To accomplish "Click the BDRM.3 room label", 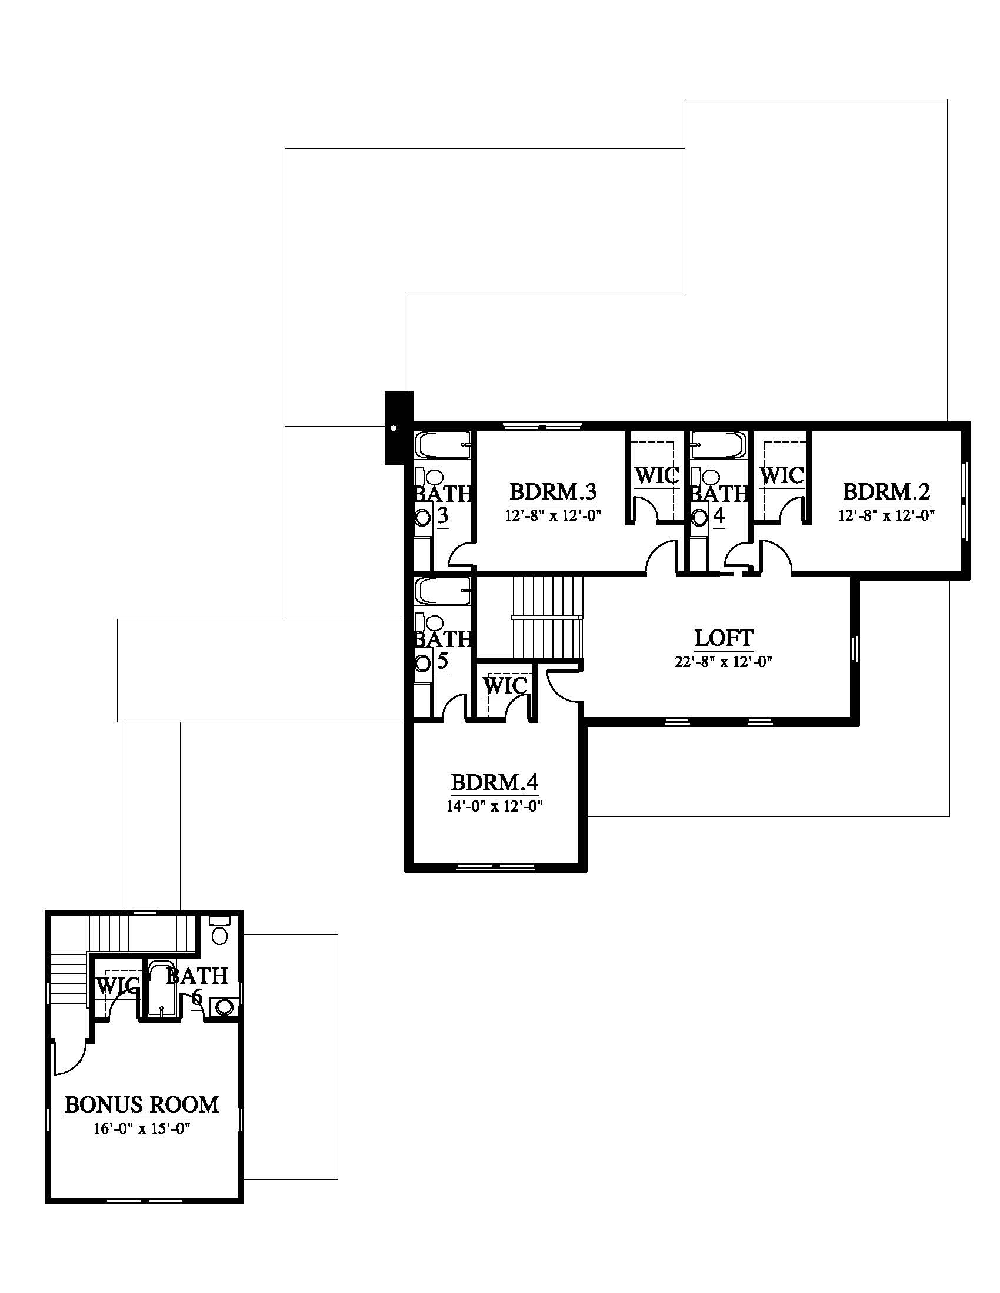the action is (x=553, y=492).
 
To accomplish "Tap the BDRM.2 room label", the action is (x=886, y=492).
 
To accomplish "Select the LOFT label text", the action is (x=724, y=638).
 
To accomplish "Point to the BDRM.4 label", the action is (x=495, y=783).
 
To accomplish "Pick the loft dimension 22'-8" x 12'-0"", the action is (x=724, y=662).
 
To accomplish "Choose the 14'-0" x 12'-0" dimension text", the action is (x=495, y=806).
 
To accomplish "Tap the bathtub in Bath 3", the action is (x=444, y=445).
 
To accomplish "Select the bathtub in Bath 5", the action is (x=444, y=591).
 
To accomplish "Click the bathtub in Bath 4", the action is (x=718, y=445).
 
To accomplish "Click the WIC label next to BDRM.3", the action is (x=656, y=475).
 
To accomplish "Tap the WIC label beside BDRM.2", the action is (x=782, y=475).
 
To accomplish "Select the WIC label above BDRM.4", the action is (x=505, y=686).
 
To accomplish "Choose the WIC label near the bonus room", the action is (x=118, y=986).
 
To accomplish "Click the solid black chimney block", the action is (x=399, y=427).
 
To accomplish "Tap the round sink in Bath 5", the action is (x=423, y=664).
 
